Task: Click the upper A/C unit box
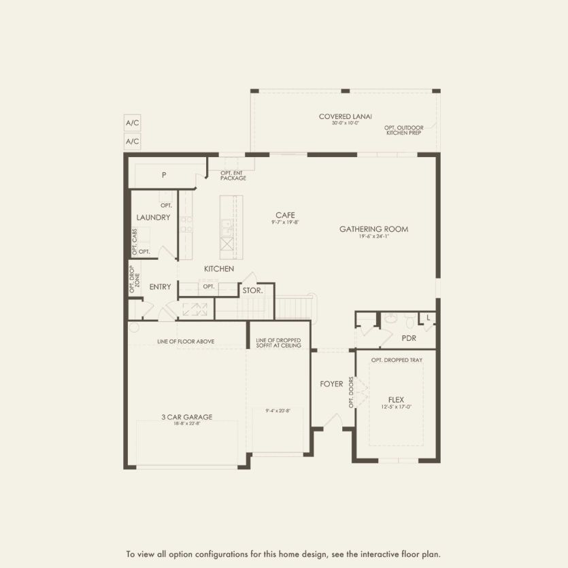(x=132, y=123)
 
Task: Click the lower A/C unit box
(x=132, y=141)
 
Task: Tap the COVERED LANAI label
(x=346, y=116)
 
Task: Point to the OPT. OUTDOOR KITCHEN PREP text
(x=403, y=129)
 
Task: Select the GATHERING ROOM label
(x=373, y=229)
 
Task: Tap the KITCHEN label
(x=219, y=269)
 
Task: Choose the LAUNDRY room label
(x=153, y=218)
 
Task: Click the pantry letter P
(x=164, y=176)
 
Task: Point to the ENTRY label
(x=160, y=287)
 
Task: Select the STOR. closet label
(x=252, y=290)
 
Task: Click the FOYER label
(x=331, y=384)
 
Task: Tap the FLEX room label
(x=396, y=399)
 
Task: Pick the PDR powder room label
(x=409, y=337)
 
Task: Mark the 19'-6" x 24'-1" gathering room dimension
(x=373, y=237)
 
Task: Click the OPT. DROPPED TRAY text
(x=397, y=360)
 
